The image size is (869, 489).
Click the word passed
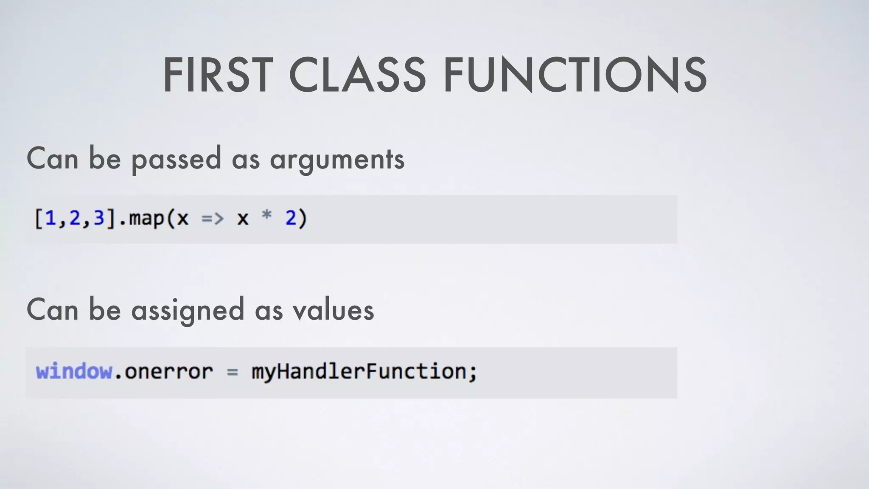[176, 160]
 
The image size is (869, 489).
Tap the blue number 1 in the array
[50, 218]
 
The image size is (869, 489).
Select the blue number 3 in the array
[99, 218]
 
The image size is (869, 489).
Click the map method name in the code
[146, 219]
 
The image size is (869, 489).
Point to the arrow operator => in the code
[212, 219]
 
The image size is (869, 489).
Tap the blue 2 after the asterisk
[291, 218]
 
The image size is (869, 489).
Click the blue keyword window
[74, 371]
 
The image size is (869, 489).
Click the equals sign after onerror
[232, 372]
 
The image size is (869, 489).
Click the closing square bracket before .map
[111, 219]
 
